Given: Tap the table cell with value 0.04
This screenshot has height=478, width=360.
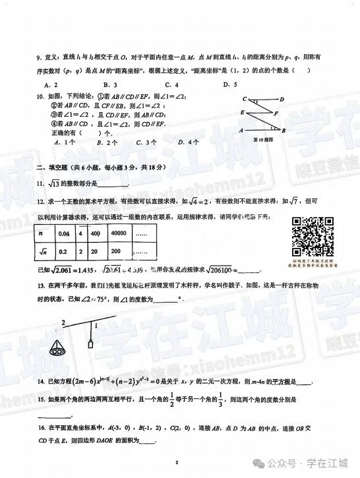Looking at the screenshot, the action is tap(64, 234).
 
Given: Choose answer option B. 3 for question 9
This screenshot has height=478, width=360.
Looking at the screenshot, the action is tap(110, 84).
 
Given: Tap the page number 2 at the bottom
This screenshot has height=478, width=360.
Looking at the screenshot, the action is tap(177, 463).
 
